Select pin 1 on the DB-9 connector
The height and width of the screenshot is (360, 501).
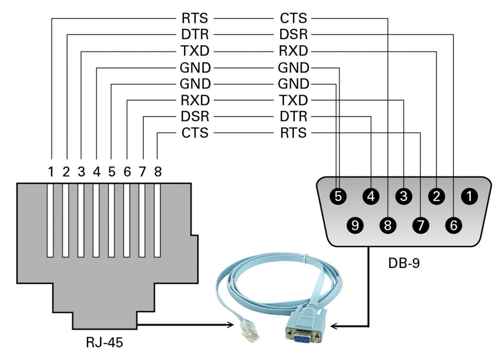click(469, 196)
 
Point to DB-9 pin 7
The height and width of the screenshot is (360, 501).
click(421, 225)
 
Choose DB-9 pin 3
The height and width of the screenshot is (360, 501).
click(404, 196)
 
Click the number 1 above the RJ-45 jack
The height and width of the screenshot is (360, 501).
click(51, 172)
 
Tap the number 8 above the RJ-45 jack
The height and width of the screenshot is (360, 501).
click(158, 172)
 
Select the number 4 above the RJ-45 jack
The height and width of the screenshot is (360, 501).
click(97, 172)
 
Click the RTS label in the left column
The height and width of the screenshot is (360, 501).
click(195, 19)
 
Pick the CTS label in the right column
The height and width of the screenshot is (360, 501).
click(293, 19)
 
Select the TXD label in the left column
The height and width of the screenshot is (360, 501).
click(195, 51)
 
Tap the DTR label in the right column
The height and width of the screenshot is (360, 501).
click(293, 117)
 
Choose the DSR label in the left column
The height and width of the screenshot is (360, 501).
click(195, 117)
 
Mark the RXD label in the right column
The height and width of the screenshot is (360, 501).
click(293, 51)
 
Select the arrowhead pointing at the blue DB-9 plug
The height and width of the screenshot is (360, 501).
click(334, 326)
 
